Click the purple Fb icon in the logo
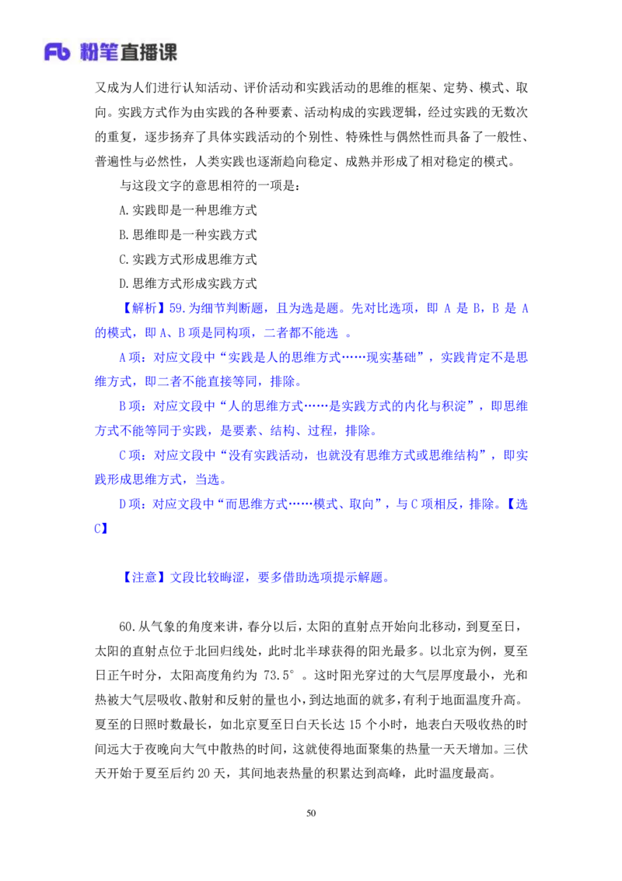[57, 53]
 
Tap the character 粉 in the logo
[90, 53]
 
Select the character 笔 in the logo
[114, 53]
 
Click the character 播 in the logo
[157, 53]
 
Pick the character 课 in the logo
[171, 53]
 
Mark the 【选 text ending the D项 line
[517, 504]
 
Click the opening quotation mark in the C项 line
[224, 455]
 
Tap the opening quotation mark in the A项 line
[224, 358]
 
